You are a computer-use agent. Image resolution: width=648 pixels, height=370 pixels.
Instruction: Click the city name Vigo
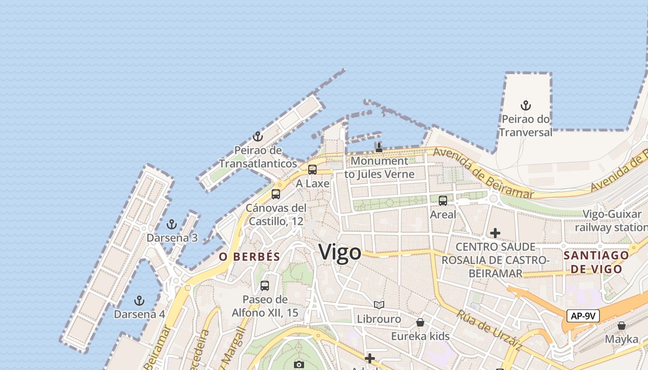(x=340, y=253)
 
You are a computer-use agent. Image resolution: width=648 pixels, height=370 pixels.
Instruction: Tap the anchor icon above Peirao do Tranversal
(x=525, y=105)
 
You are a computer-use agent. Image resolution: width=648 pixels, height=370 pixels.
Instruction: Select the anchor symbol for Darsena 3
(x=172, y=225)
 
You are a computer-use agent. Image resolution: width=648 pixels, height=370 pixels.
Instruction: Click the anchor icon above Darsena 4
(x=139, y=301)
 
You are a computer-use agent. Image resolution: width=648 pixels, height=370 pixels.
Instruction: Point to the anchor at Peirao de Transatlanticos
(x=258, y=136)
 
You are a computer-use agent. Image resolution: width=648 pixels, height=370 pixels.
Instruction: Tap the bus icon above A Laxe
(x=312, y=170)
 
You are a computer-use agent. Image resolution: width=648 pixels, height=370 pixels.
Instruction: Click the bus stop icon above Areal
(x=443, y=201)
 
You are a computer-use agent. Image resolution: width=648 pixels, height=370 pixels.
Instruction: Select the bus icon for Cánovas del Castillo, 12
(x=276, y=194)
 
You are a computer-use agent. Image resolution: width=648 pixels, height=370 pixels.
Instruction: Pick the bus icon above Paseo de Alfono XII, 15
(x=265, y=286)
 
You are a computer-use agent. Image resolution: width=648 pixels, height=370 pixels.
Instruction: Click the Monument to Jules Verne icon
(x=379, y=148)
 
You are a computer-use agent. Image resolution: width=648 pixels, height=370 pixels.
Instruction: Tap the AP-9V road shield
(x=583, y=316)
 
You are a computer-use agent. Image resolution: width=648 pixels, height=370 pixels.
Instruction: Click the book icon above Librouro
(x=379, y=305)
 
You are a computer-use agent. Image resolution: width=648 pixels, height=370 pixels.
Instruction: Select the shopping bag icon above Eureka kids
(x=420, y=322)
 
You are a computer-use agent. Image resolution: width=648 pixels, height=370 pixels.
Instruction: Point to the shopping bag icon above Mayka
(x=622, y=326)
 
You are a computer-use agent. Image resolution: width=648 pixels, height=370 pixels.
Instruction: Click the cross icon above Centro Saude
(x=495, y=233)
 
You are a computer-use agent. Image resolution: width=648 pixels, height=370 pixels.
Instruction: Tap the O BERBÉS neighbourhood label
(x=249, y=257)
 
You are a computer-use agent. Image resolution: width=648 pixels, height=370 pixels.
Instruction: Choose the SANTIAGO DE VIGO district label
(x=596, y=262)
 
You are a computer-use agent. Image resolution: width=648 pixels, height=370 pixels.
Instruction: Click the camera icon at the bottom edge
(x=299, y=364)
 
